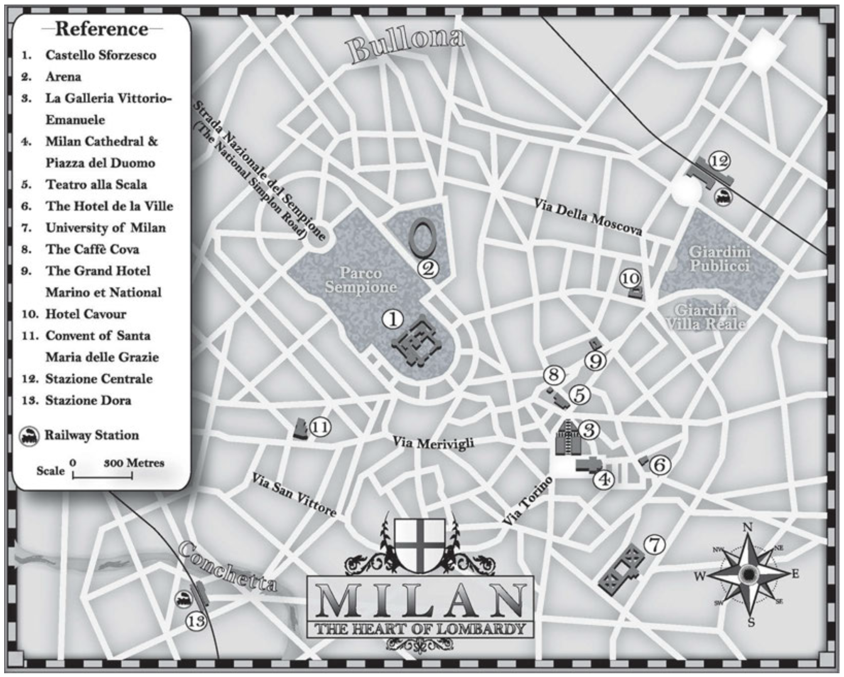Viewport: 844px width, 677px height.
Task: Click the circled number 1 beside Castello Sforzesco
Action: point(393,319)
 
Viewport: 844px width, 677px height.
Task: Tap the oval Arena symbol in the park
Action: point(422,237)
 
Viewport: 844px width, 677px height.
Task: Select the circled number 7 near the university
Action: point(654,545)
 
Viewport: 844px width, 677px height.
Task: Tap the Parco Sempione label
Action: point(360,280)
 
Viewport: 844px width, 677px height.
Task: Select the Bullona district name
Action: point(406,46)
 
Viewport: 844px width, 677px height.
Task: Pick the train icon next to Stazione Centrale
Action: point(723,197)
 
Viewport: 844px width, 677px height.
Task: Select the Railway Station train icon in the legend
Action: point(29,437)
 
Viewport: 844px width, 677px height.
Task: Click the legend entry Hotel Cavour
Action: point(85,314)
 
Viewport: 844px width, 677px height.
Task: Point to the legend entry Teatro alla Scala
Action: point(96,184)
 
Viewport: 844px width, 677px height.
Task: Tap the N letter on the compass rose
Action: point(747,527)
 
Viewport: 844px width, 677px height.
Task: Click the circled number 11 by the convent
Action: point(321,427)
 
